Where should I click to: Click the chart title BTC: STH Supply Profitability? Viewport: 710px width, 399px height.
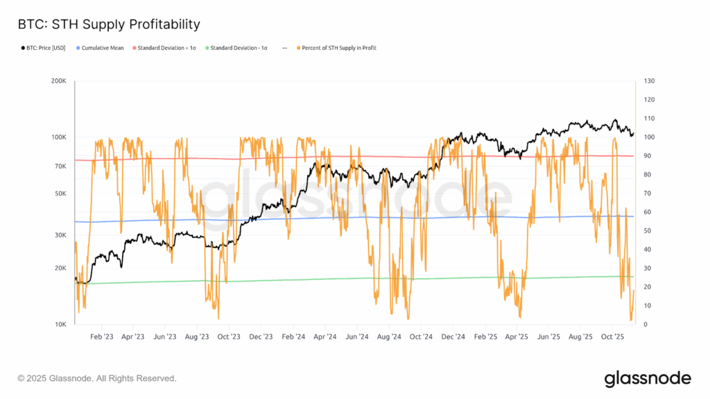click(108, 24)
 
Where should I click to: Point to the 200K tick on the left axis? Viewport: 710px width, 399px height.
click(58, 81)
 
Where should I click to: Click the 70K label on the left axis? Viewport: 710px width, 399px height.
click(60, 166)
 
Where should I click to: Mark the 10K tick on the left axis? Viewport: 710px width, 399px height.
click(60, 324)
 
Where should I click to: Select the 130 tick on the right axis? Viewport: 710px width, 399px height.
click(649, 81)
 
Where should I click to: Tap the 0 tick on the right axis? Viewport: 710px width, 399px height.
click(646, 324)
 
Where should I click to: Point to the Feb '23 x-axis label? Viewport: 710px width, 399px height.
click(101, 337)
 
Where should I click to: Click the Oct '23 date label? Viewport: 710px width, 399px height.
click(228, 337)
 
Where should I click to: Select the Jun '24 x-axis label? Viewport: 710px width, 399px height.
click(356, 337)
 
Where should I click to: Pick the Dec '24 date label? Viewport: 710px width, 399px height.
click(452, 337)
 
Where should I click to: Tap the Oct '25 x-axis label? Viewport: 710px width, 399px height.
click(612, 337)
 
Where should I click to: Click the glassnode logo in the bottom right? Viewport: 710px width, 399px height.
click(647, 378)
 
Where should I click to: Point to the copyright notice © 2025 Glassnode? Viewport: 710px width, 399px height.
click(96, 378)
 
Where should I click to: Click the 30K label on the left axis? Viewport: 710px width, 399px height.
click(60, 236)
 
